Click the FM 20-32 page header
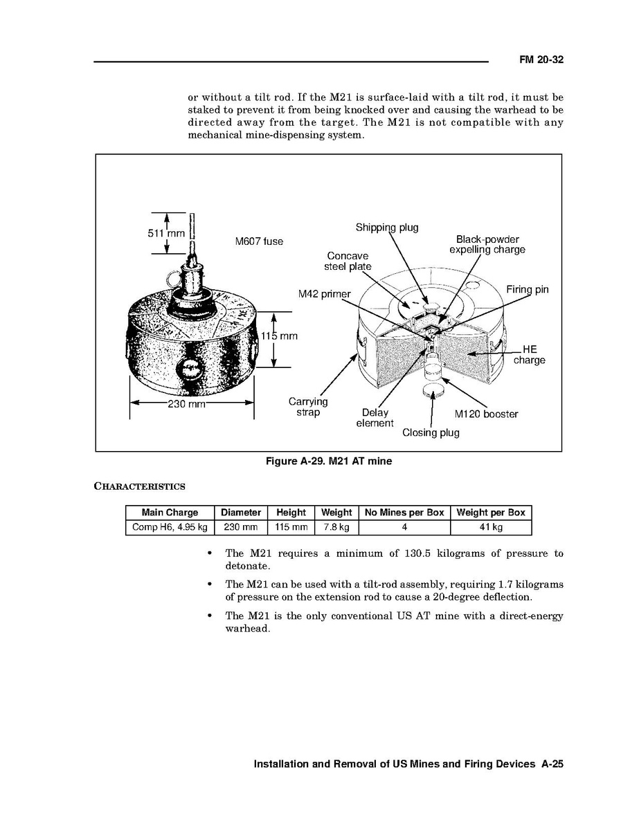541,60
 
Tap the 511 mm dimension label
166,233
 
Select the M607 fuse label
259,241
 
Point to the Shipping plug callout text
387,228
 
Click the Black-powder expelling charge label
487,245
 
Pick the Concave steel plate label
348,261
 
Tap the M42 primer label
325,294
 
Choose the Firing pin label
527,289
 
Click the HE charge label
529,355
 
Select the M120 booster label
486,414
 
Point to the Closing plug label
431,433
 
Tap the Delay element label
375,418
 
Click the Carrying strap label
308,407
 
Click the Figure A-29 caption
329,461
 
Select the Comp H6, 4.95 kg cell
170,528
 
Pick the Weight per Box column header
491,513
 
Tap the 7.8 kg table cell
336,528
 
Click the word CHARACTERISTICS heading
139,486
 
